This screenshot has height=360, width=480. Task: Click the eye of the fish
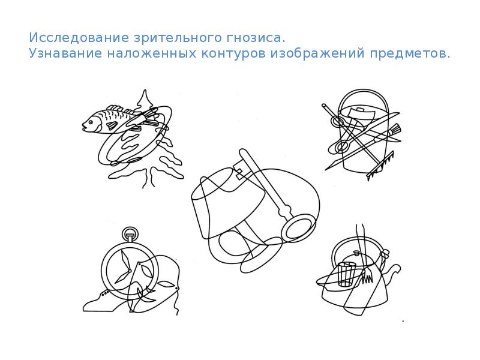(x=91, y=122)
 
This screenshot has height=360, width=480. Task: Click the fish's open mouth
(x=83, y=125)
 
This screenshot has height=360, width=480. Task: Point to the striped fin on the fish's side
(x=112, y=125)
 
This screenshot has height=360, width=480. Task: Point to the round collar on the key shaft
(x=284, y=211)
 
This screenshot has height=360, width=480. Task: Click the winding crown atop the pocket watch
(x=130, y=235)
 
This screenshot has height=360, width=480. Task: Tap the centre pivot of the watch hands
(x=130, y=271)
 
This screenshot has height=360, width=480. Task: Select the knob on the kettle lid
(x=356, y=253)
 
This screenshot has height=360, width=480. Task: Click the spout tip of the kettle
(x=398, y=268)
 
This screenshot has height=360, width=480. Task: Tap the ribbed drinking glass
(x=347, y=274)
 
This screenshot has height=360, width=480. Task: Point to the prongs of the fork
(x=367, y=275)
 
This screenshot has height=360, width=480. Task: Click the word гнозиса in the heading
(x=256, y=38)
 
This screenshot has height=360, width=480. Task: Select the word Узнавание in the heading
(x=65, y=53)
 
